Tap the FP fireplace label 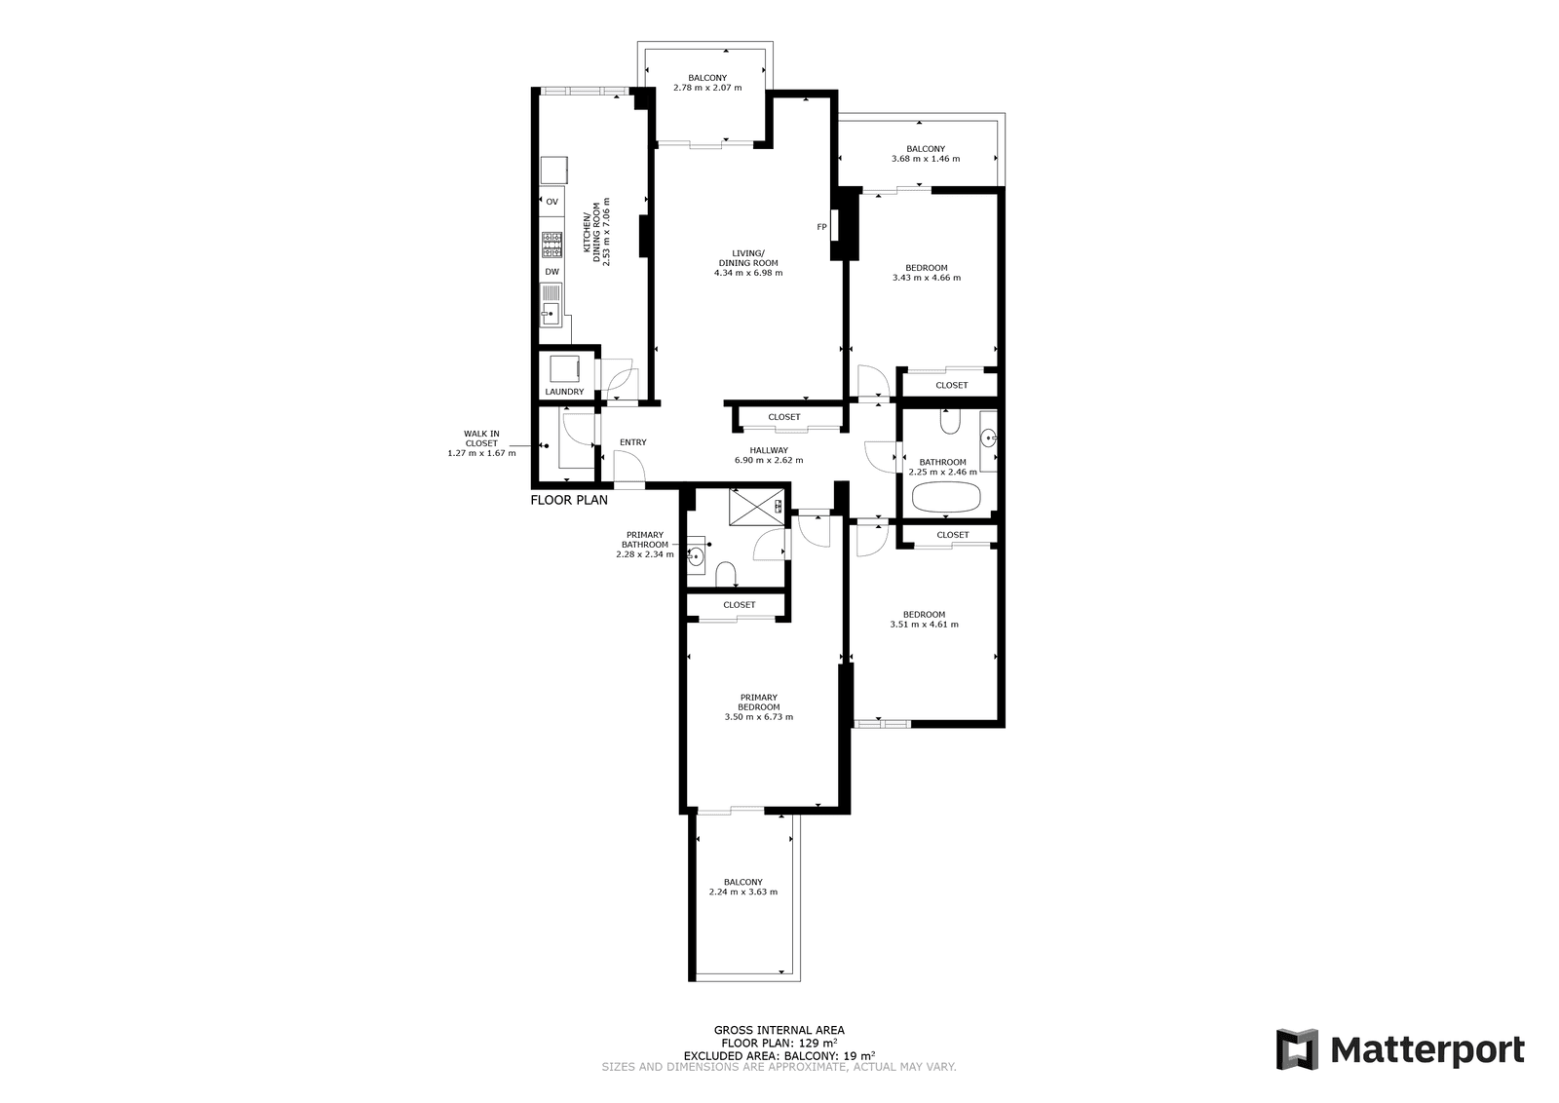pyautogui.click(x=821, y=227)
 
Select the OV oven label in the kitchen pyautogui.click(x=551, y=202)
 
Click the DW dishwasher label pyautogui.click(x=551, y=272)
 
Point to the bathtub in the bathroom pyautogui.click(x=946, y=498)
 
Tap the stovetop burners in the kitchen pyautogui.click(x=551, y=245)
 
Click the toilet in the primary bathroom pyautogui.click(x=726, y=574)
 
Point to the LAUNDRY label pyautogui.click(x=564, y=392)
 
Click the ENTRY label pyautogui.click(x=633, y=442)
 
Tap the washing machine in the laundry pyautogui.click(x=564, y=369)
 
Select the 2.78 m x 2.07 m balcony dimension pyautogui.click(x=707, y=88)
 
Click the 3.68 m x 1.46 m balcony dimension pyautogui.click(x=926, y=159)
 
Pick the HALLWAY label pyautogui.click(x=769, y=450)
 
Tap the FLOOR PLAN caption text pyautogui.click(x=569, y=500)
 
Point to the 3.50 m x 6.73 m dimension pyautogui.click(x=759, y=717)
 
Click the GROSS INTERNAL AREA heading pyautogui.click(x=779, y=1030)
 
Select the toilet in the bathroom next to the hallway pyautogui.click(x=951, y=421)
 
